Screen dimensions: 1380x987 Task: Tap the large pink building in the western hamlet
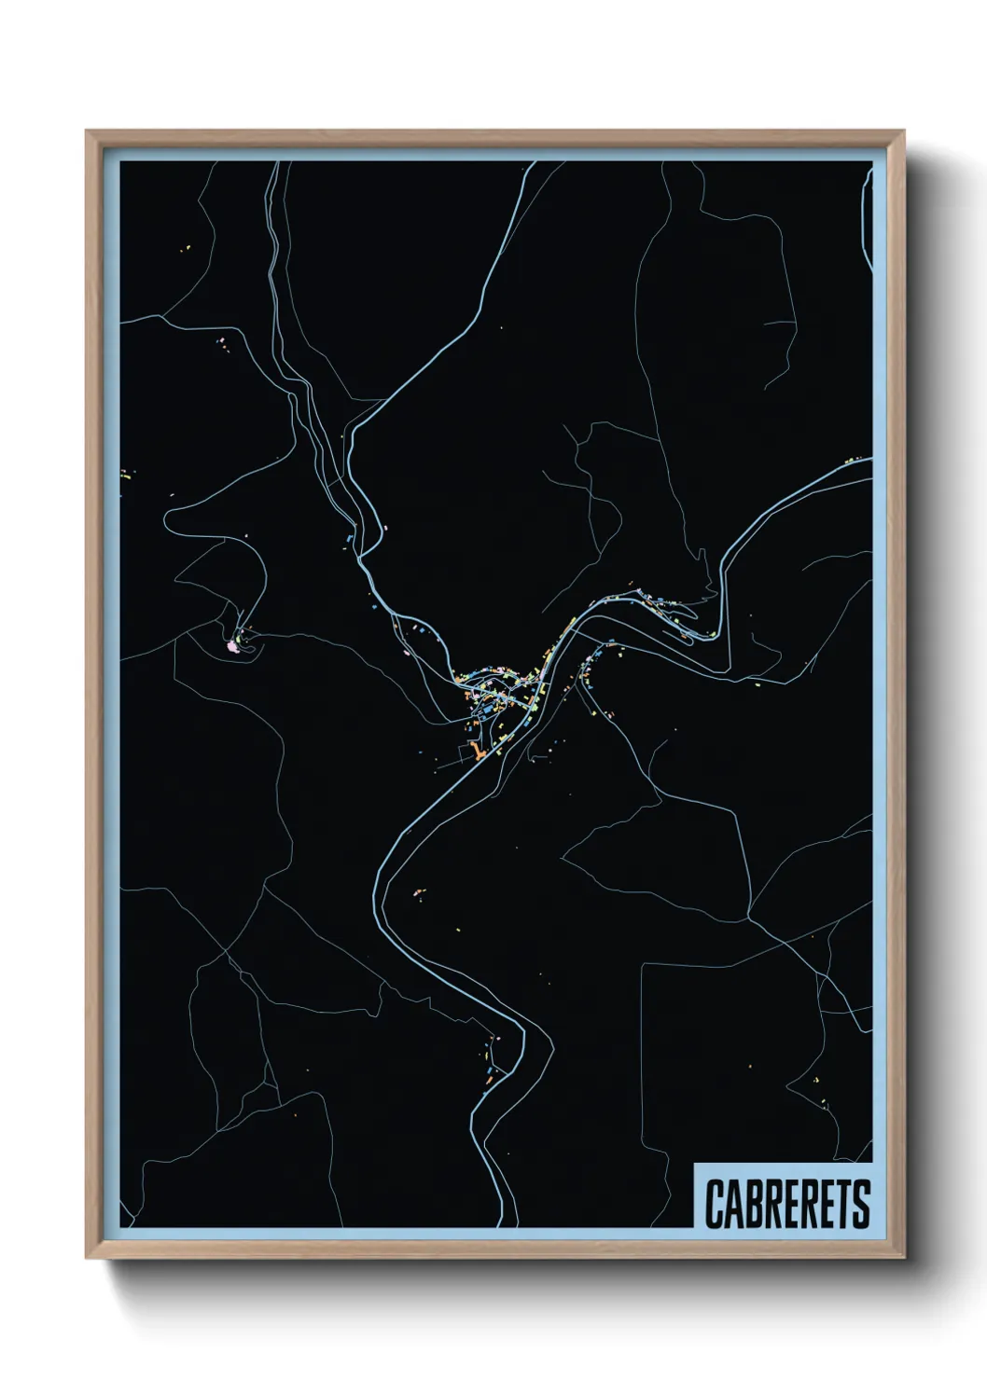(x=232, y=644)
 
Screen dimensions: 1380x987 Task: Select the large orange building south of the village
(x=475, y=752)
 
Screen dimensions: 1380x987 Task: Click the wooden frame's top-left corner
(x=87, y=131)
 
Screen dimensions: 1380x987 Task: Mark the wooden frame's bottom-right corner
(x=903, y=1259)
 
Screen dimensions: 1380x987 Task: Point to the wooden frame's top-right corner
(x=903, y=131)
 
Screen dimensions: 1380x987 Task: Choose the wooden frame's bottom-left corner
(x=87, y=1259)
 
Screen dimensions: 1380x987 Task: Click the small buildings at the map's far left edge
(x=125, y=476)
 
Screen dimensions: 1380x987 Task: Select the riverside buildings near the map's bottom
(x=491, y=1063)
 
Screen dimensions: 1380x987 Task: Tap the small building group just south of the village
(x=417, y=893)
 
